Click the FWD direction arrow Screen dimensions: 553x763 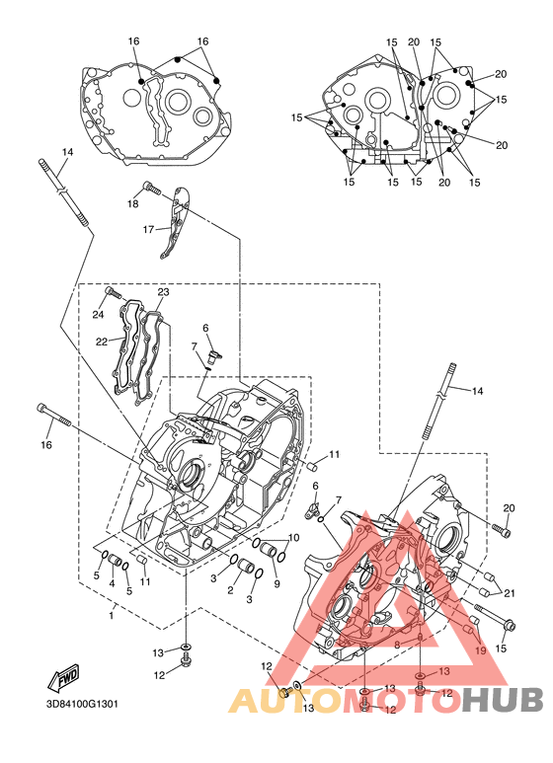pyautogui.click(x=63, y=677)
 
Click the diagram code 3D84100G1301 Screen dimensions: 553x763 pyautogui.click(x=82, y=704)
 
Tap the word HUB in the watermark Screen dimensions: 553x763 pyautogui.click(x=503, y=700)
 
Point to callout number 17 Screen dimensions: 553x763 pyautogui.click(x=148, y=229)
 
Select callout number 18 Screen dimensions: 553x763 pyautogui.click(x=133, y=204)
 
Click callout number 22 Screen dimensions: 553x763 pyautogui.click(x=102, y=342)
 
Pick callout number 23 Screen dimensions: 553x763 pyautogui.click(x=163, y=292)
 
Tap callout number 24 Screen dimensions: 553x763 pyautogui.click(x=99, y=314)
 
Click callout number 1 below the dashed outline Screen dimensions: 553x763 pyautogui.click(x=112, y=616)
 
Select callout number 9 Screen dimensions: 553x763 pyautogui.click(x=276, y=584)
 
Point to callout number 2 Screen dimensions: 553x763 pyautogui.click(x=230, y=590)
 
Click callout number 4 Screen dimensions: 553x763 pyautogui.click(x=112, y=583)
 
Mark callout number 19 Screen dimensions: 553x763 pyautogui.click(x=480, y=650)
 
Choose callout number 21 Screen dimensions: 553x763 pyautogui.click(x=510, y=593)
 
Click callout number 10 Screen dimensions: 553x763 pyautogui.click(x=293, y=538)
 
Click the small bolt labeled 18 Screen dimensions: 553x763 pyautogui.click(x=151, y=188)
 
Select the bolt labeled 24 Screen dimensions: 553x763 pyautogui.click(x=113, y=293)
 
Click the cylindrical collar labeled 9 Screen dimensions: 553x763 pyautogui.click(x=269, y=550)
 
